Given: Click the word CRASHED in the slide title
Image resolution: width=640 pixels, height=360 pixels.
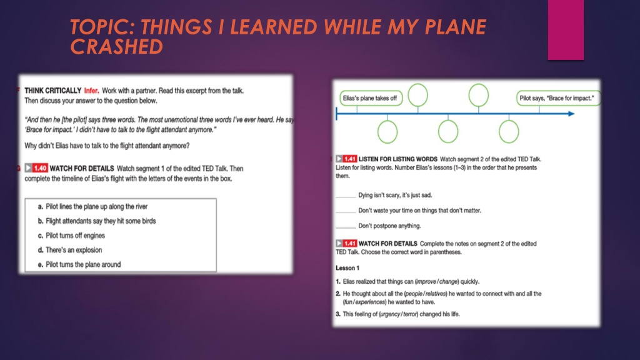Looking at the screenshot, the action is (x=117, y=46).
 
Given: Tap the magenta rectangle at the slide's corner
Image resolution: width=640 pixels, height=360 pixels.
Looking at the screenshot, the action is (x=566, y=30).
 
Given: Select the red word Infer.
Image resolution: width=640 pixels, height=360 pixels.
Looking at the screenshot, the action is (x=91, y=91).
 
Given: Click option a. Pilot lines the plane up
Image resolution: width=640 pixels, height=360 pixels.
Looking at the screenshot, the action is (x=92, y=206).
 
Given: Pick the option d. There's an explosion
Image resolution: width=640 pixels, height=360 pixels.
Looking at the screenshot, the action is (x=70, y=250).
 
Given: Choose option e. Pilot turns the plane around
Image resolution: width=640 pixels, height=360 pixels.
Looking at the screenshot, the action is (x=79, y=264).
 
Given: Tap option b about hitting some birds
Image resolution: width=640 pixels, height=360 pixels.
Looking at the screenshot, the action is (x=97, y=221).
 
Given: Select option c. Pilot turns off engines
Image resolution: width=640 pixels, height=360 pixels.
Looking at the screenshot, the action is (x=71, y=236).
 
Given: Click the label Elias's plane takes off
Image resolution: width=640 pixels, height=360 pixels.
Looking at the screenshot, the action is (x=371, y=98).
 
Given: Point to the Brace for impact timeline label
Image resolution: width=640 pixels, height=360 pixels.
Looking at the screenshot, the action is (x=558, y=98).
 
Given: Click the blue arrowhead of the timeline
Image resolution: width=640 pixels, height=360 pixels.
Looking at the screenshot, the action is (x=571, y=114).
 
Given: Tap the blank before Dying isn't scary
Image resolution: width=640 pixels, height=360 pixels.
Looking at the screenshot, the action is (x=346, y=197).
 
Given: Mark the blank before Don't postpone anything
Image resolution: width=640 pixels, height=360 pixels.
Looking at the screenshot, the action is (x=346, y=227).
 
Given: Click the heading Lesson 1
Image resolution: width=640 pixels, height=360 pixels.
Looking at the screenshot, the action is (x=347, y=268).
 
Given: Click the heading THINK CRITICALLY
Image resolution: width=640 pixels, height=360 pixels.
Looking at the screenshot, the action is (x=52, y=91).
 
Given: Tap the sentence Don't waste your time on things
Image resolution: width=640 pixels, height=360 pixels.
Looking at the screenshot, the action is (x=419, y=211).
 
